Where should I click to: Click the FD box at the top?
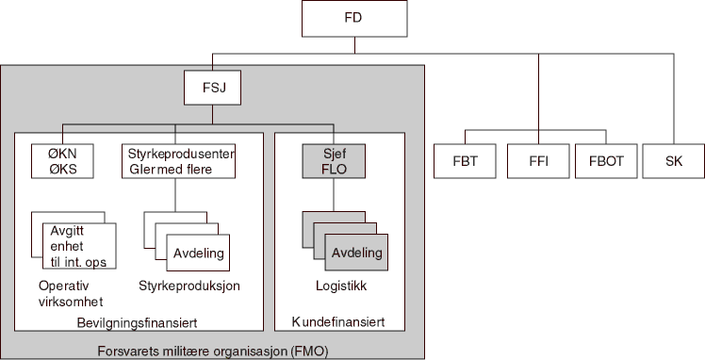click(354, 18)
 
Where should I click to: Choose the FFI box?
click(537, 160)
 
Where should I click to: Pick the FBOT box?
click(606, 160)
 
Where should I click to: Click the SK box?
click(674, 160)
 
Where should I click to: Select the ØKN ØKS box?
click(62, 160)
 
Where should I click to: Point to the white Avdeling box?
click(199, 252)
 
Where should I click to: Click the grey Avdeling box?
click(357, 252)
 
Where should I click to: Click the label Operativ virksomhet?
click(71, 293)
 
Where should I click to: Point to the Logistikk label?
click(339, 286)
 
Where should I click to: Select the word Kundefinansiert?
click(339, 322)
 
